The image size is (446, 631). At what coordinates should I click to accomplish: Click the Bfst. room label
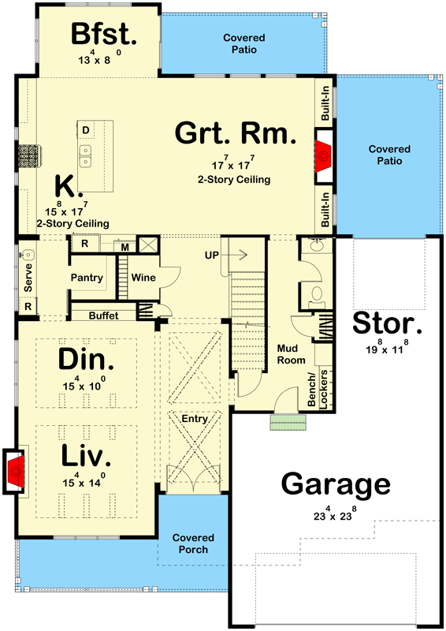pyautogui.click(x=105, y=34)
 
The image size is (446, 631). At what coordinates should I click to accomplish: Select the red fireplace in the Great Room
pyautogui.click(x=323, y=156)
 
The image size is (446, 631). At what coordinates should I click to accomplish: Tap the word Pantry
pyautogui.click(x=87, y=278)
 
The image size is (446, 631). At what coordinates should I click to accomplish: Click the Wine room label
pyautogui.click(x=143, y=278)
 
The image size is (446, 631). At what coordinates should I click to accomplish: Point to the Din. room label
pyautogui.click(x=87, y=360)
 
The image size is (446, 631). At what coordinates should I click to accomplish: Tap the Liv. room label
pyautogui.click(x=87, y=455)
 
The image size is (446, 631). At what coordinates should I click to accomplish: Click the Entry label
pyautogui.click(x=195, y=419)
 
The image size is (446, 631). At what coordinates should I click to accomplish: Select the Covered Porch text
pyautogui.click(x=194, y=543)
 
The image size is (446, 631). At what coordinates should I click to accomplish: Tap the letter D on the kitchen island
pyautogui.click(x=85, y=129)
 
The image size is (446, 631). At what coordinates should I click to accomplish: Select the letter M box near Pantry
pyautogui.click(x=125, y=247)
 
